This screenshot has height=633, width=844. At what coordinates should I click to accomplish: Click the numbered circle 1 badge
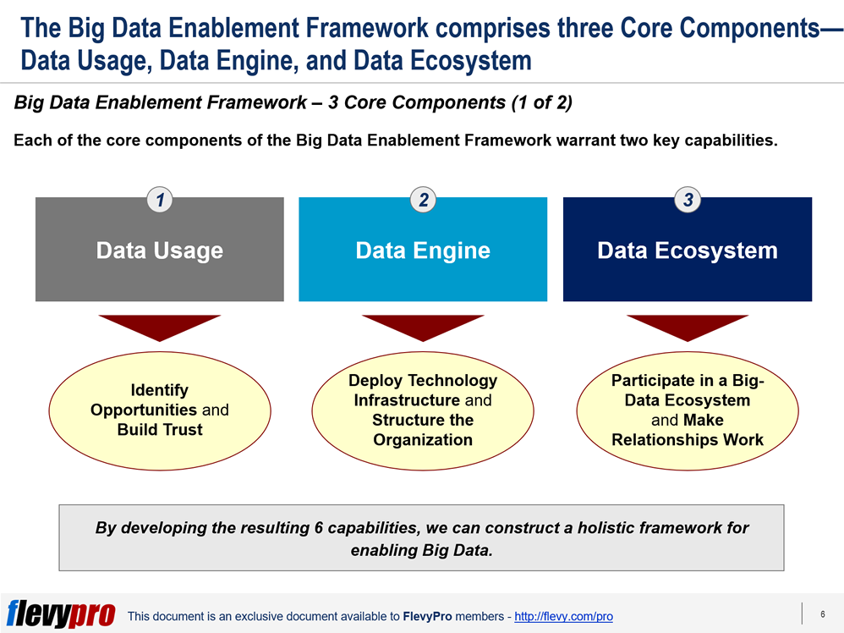(x=160, y=200)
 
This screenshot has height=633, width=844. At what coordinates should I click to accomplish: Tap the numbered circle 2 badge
(x=423, y=200)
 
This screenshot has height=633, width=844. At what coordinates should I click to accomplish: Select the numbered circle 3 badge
(x=688, y=200)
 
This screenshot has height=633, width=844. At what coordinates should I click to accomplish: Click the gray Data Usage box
(x=159, y=250)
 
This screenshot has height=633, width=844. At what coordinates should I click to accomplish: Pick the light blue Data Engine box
(x=423, y=250)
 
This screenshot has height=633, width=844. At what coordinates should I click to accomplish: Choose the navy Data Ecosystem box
(x=688, y=250)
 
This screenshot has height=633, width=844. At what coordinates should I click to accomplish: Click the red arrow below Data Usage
(x=159, y=327)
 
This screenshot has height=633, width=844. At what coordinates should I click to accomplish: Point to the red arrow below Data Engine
(x=423, y=327)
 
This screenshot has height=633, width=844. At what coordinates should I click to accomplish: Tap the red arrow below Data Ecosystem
(x=688, y=327)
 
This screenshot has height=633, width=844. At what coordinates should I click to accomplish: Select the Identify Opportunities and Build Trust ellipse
(x=160, y=411)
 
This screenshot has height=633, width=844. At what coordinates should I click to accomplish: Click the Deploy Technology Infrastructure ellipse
(x=423, y=411)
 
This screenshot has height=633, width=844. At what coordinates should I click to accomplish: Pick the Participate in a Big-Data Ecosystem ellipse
(x=688, y=411)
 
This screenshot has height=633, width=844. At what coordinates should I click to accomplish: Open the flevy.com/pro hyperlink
(x=563, y=616)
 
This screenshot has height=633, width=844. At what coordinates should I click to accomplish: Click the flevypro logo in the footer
(x=61, y=614)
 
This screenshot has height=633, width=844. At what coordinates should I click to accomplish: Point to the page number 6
(x=823, y=614)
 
